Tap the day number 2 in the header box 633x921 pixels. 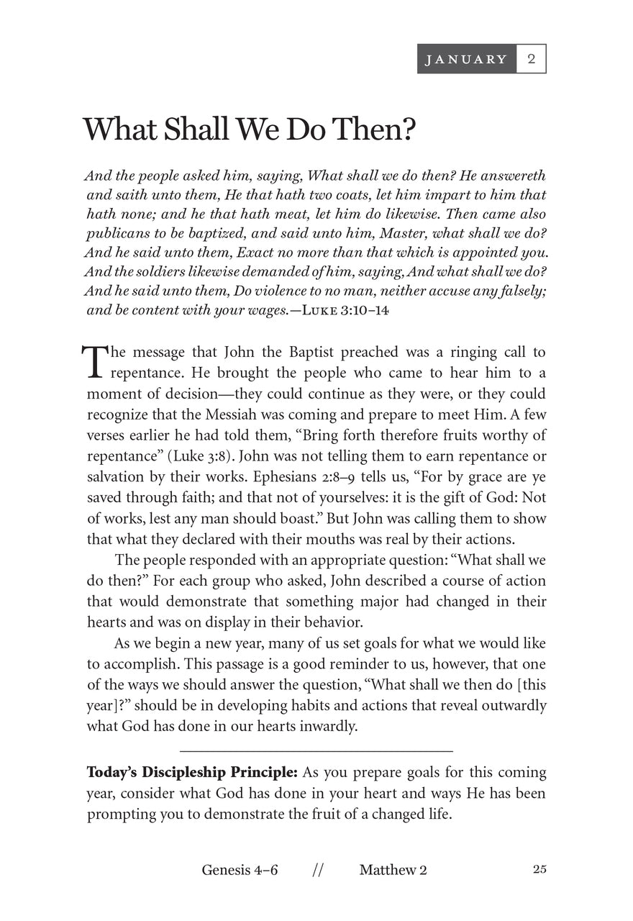click(x=532, y=59)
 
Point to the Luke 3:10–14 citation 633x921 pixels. click(x=347, y=311)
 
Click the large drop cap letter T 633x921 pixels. click(x=94, y=361)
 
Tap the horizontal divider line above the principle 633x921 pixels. click(x=316, y=750)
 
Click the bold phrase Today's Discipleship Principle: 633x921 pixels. click(x=192, y=773)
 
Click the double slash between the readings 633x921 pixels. click(x=318, y=870)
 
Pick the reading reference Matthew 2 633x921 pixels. click(x=393, y=870)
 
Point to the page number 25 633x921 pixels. click(x=539, y=869)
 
